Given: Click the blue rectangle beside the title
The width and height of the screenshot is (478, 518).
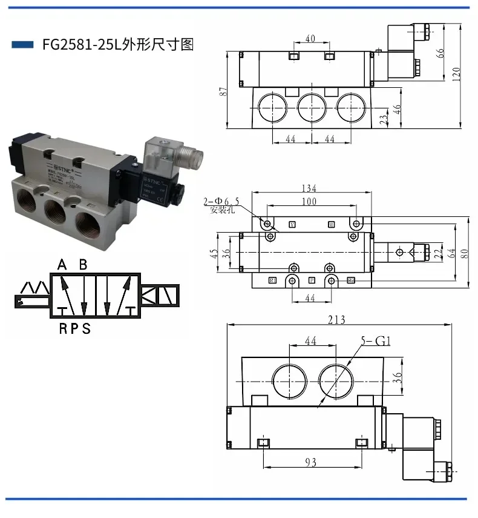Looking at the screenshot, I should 22,44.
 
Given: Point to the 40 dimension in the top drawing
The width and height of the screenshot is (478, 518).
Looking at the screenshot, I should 310,39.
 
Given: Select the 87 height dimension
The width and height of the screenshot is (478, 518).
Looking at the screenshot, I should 223,91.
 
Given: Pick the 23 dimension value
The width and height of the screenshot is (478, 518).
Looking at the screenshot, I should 382,119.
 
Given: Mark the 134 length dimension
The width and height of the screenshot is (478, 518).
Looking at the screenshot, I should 309,188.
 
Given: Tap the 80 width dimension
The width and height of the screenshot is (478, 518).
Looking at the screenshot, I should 465,253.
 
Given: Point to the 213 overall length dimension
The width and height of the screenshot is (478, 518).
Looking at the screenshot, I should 336,320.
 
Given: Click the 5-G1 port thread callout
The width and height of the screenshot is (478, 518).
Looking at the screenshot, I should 376,341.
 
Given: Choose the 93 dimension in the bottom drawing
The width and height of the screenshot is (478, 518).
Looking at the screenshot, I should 310,463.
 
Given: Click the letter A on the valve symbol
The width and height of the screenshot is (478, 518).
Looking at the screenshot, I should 62,264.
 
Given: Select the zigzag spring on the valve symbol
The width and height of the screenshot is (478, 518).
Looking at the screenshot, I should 34,287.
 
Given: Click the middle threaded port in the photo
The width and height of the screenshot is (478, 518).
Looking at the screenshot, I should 54,210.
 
